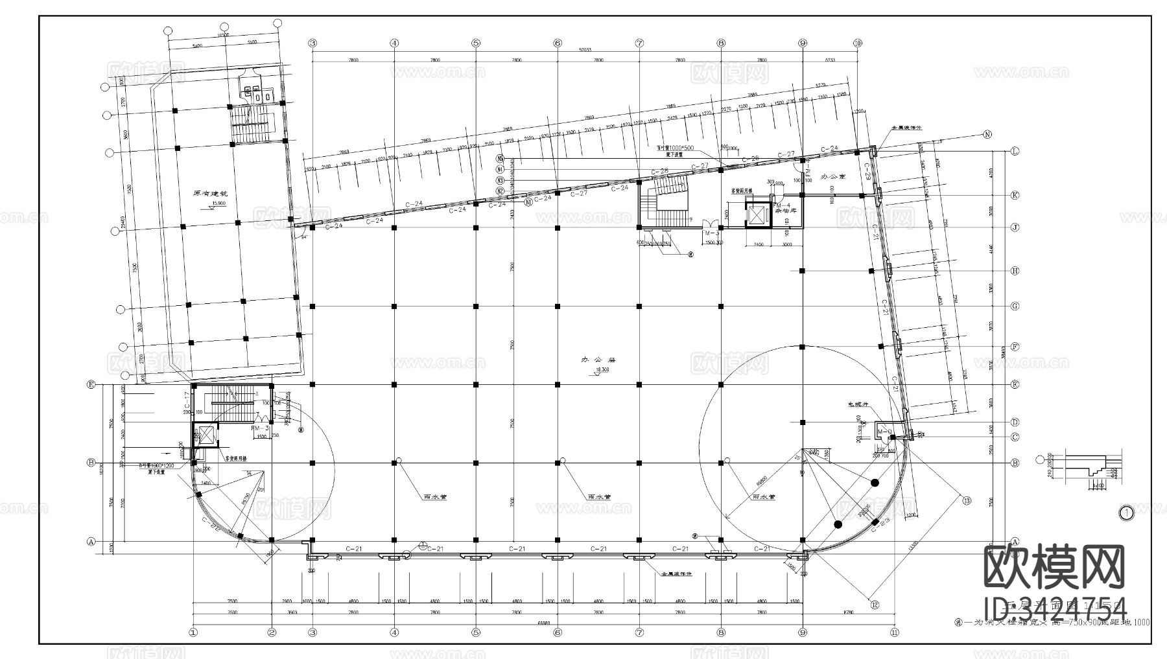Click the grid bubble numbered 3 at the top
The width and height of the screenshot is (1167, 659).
pyautogui.click(x=312, y=43)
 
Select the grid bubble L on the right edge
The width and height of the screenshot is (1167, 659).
pyautogui.click(x=1015, y=151)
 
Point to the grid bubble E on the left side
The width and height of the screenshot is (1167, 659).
pyautogui.click(x=91, y=385)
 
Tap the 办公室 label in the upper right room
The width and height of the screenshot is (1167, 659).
pyautogui.click(x=833, y=176)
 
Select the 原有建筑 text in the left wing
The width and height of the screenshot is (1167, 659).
pyautogui.click(x=211, y=193)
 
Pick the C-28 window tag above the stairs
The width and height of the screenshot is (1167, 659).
pyautogui.click(x=659, y=171)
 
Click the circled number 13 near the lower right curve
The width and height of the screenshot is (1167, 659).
pyautogui.click(x=966, y=500)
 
